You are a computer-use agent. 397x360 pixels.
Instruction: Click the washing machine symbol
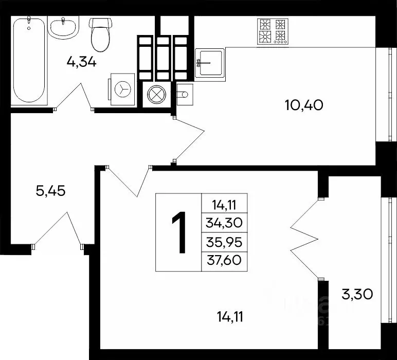(x=122, y=89)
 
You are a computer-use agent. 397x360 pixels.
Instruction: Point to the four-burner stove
(x=272, y=30)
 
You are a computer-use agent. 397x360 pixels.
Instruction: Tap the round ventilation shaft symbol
(x=155, y=95)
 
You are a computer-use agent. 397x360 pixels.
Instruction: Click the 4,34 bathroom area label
(x=82, y=62)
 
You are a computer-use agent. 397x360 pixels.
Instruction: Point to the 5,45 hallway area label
(x=51, y=191)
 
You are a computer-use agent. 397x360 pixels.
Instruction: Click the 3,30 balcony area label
(x=357, y=295)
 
